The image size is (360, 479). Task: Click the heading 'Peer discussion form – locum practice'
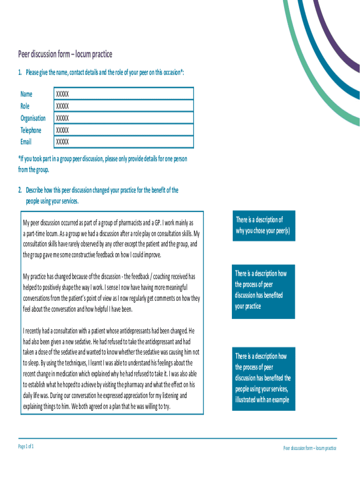tap(65, 54)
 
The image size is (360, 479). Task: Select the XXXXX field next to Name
tap(123, 94)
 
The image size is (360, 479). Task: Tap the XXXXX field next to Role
tap(123, 106)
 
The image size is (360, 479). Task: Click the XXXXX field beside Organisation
tap(123, 118)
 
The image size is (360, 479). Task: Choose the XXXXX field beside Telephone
tap(123, 130)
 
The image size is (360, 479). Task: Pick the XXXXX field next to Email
tap(123, 142)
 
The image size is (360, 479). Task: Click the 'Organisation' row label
tap(33, 118)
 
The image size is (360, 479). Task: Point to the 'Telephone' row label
tap(31, 130)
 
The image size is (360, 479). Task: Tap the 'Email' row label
tap(26, 142)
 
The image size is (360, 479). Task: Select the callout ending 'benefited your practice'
tap(264, 290)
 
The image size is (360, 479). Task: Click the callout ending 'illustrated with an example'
tap(264, 378)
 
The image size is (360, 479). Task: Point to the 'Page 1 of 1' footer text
tap(26, 446)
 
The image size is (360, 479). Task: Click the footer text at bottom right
tap(310, 448)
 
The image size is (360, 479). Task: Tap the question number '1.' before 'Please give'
tap(20, 73)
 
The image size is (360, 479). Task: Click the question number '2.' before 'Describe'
tap(20, 190)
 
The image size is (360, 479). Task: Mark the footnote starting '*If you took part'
tap(102, 164)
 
